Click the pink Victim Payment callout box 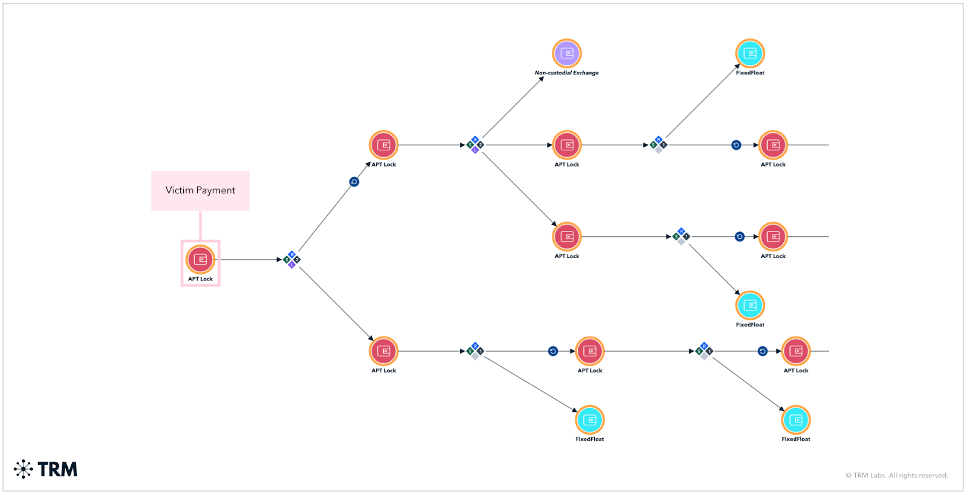point(200,190)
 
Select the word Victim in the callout point(179,190)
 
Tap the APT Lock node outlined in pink point(200,259)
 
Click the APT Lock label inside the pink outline point(200,279)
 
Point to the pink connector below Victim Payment point(200,225)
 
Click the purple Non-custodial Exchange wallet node point(566,53)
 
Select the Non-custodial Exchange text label point(566,73)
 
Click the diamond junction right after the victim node point(292,260)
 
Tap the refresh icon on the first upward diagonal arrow point(354,182)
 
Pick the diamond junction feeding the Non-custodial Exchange point(475,145)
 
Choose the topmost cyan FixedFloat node point(749,53)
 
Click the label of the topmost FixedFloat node point(749,73)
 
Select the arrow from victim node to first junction point(248,260)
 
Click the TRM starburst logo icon point(23,469)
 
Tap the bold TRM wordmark point(57,470)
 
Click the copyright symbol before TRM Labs point(849,476)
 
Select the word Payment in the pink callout point(216,190)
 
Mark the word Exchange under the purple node point(586,73)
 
